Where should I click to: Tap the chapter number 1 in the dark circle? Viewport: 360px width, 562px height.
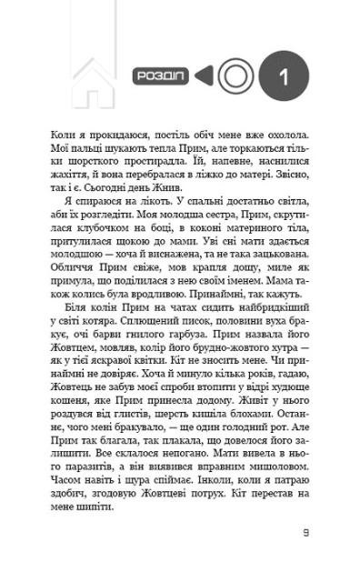(283, 76)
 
